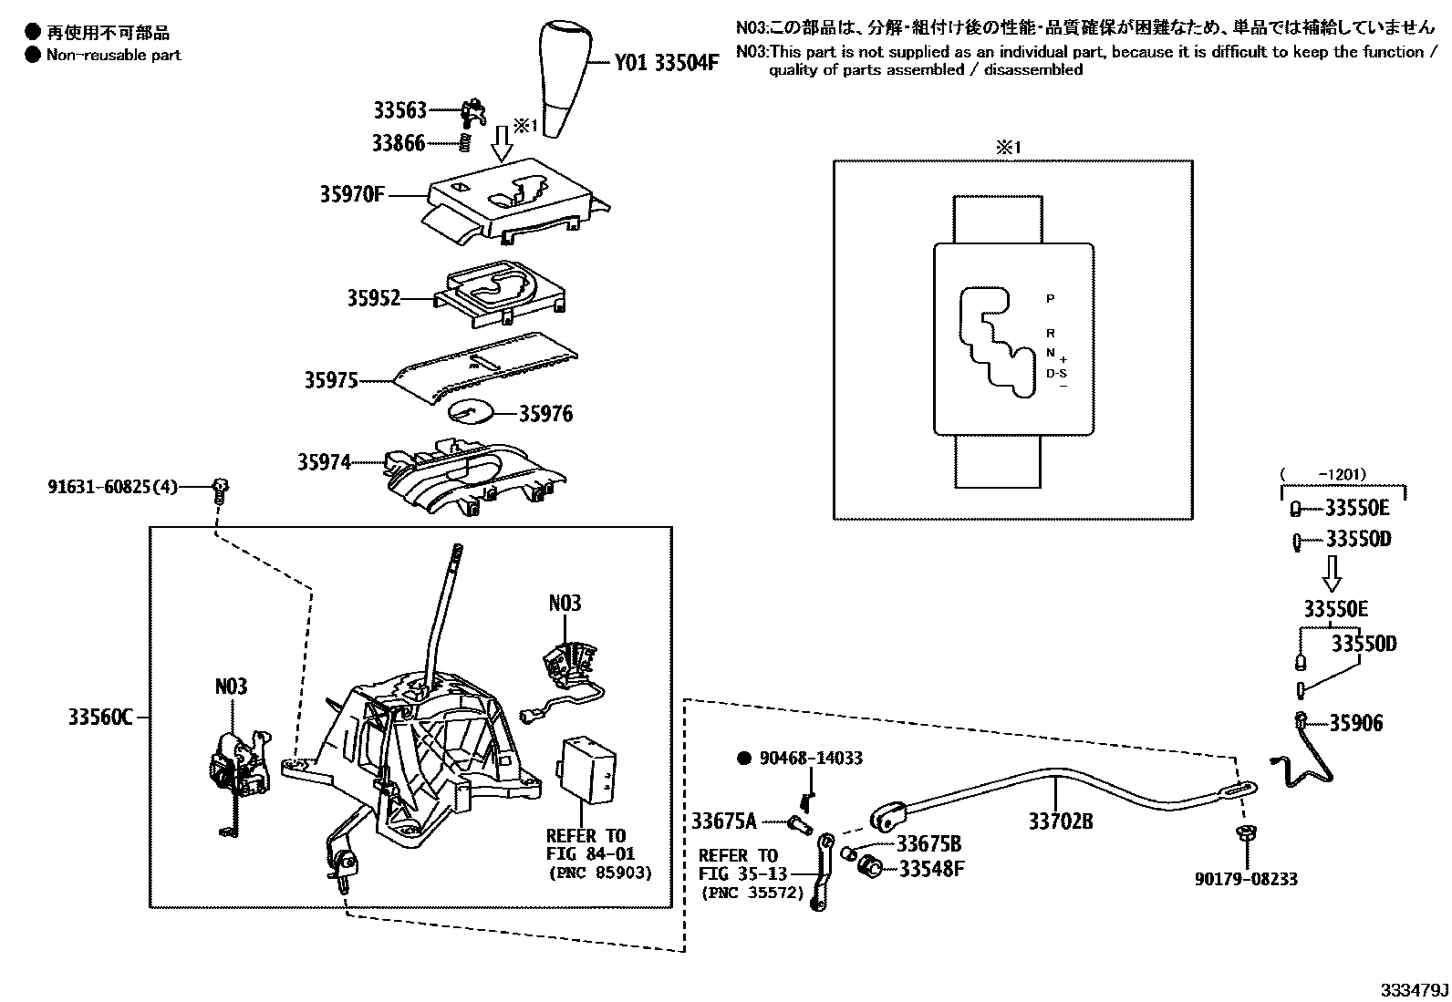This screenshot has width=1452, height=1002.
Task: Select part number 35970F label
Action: point(352,194)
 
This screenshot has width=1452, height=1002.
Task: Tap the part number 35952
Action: point(373,298)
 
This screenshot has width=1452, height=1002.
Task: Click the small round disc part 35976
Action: point(472,411)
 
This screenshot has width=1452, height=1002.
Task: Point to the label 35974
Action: point(324,462)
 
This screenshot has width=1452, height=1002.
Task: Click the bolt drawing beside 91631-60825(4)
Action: point(220,490)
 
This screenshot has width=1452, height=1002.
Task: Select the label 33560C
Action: point(100,718)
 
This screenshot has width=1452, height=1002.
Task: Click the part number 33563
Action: point(399,110)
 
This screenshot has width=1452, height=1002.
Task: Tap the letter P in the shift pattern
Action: point(1050,299)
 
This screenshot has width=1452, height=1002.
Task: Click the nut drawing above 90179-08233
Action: point(1244,832)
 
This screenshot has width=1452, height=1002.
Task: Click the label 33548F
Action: point(931,869)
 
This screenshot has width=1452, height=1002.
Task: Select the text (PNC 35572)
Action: point(753,893)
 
